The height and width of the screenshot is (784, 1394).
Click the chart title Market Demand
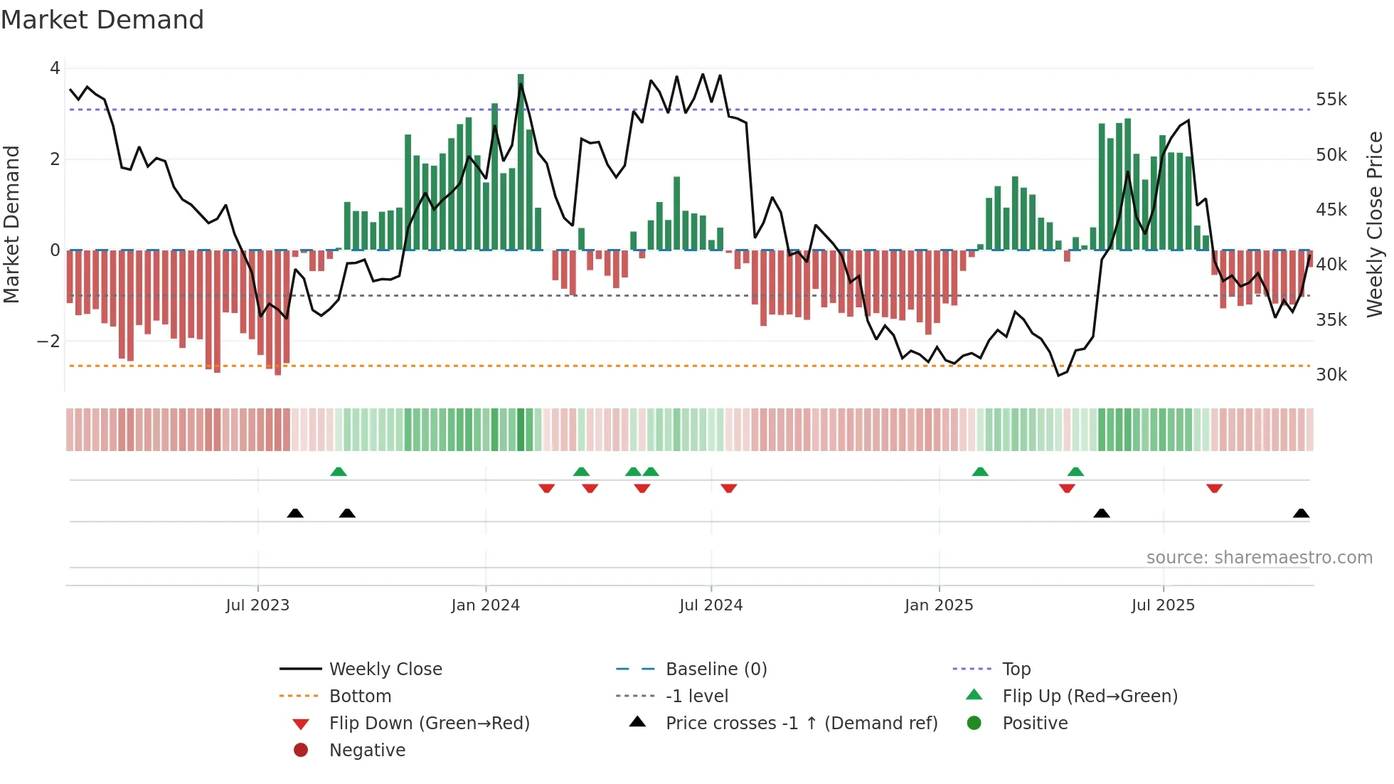[x=102, y=20]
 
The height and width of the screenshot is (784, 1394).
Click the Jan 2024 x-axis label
[x=485, y=605]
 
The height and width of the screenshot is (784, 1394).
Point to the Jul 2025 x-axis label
[x=1163, y=605]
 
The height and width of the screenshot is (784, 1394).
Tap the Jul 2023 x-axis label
[x=257, y=605]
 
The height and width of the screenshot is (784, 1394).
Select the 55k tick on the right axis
[x=1331, y=100]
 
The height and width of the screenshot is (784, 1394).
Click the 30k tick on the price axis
[x=1331, y=375]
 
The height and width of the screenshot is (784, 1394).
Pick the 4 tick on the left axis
[x=55, y=68]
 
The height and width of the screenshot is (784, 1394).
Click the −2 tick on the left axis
[x=48, y=341]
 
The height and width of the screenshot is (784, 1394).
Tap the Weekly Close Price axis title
[x=1375, y=224]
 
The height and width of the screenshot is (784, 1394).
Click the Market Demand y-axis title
[x=12, y=224]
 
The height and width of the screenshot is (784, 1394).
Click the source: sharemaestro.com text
[x=1259, y=558]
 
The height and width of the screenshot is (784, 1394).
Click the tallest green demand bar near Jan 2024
[x=521, y=162]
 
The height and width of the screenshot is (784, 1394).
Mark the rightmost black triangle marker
[x=1301, y=514]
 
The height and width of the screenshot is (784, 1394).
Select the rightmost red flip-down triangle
[x=1214, y=488]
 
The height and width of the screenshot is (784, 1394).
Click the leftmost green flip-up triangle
[x=339, y=472]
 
